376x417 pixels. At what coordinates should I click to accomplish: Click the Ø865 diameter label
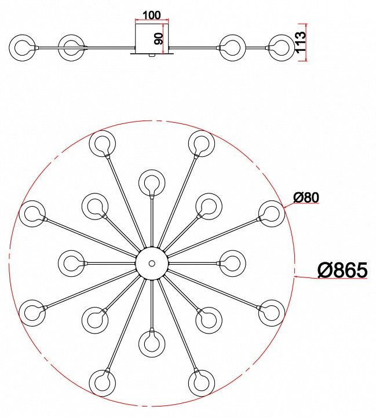[x=342, y=270]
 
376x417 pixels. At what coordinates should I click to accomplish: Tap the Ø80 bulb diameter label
[x=306, y=198]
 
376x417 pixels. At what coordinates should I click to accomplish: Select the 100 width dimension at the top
[x=152, y=15]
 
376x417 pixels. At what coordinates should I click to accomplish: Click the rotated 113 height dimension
[x=301, y=42]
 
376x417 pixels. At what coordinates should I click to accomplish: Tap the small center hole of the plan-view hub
[x=152, y=264]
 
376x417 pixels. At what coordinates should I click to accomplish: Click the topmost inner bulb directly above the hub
[x=152, y=183]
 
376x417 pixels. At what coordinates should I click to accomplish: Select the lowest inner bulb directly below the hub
[x=152, y=343]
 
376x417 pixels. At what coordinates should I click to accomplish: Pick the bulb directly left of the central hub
[x=71, y=264]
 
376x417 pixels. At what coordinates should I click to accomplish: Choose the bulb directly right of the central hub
[x=232, y=264]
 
